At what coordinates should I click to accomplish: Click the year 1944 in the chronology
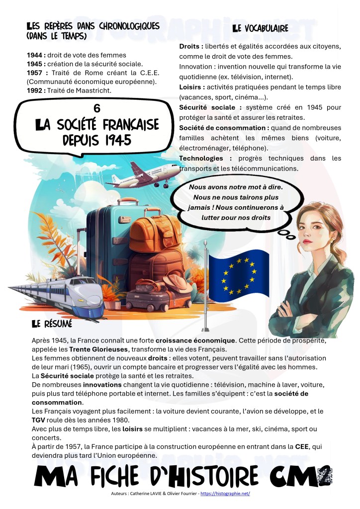(x=35, y=55)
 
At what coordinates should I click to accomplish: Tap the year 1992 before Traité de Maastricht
(x=35, y=90)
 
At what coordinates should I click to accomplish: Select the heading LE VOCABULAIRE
(x=260, y=29)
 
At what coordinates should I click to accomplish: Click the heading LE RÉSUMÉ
(x=52, y=324)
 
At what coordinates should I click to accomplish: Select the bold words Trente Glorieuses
(x=93, y=349)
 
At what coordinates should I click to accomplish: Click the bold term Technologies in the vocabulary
(x=201, y=158)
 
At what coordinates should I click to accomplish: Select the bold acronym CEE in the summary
(x=293, y=447)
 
